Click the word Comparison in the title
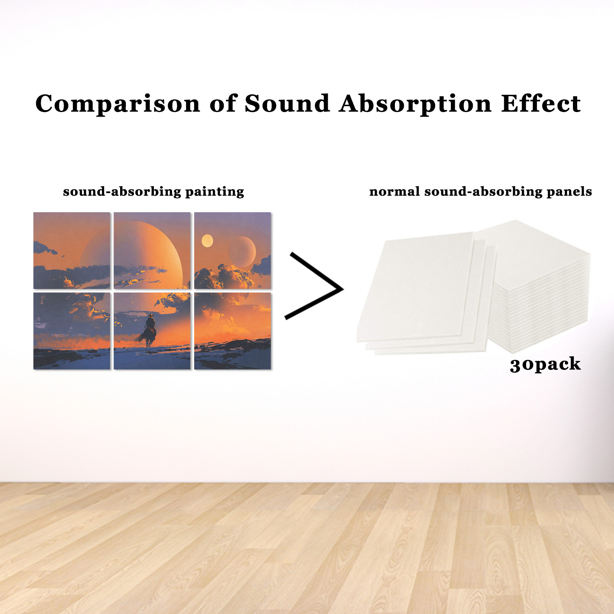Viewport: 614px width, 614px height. click(x=118, y=104)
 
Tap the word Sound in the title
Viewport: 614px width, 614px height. click(x=287, y=104)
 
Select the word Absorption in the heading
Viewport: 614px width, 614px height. click(x=415, y=104)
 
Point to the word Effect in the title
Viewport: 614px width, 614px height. click(x=541, y=104)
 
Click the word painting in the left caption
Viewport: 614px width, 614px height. click(x=215, y=191)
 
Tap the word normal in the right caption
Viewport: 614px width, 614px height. click(x=394, y=191)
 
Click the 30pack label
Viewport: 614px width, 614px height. click(x=545, y=364)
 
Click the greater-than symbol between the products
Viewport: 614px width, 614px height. click(x=314, y=286)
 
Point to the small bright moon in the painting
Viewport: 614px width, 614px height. click(x=207, y=241)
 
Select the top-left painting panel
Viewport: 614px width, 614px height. click(x=72, y=251)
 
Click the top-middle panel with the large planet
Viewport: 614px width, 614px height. click(x=152, y=251)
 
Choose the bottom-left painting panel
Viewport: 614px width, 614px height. click(x=72, y=331)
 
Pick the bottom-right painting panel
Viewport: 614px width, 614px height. click(x=233, y=331)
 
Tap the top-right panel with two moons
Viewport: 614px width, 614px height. click(x=233, y=251)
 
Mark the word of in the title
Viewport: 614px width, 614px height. click(x=223, y=104)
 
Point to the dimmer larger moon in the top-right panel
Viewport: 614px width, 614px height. click(x=242, y=252)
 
